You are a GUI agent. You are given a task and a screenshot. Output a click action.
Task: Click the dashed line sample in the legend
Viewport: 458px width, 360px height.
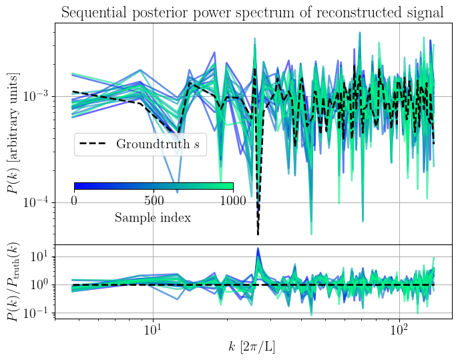(x=95, y=144)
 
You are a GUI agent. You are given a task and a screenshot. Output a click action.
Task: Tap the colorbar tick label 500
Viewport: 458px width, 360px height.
(x=154, y=200)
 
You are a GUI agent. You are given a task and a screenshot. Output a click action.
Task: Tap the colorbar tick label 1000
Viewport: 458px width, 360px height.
(x=233, y=200)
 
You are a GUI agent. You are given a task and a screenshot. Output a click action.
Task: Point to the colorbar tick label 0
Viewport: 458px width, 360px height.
(x=74, y=200)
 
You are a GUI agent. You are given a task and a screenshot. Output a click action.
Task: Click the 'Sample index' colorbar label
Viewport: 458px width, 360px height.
(x=153, y=217)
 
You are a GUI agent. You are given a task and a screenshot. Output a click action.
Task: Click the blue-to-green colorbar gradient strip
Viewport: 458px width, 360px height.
(x=154, y=186)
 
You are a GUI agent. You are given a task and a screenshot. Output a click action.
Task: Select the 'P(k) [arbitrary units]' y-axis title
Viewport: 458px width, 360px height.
(x=13, y=133)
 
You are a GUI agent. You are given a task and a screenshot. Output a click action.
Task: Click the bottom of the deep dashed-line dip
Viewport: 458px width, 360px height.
(x=258, y=234)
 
